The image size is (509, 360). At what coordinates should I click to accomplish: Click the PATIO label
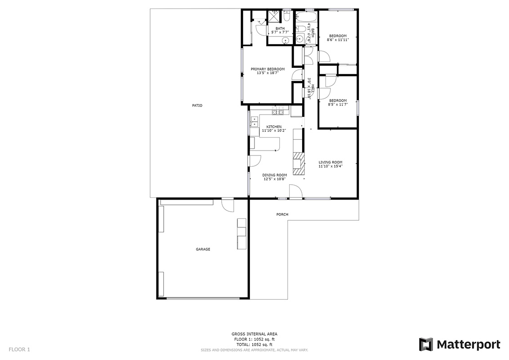pyautogui.click(x=197, y=106)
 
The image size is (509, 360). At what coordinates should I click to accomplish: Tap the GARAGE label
pyautogui.click(x=203, y=249)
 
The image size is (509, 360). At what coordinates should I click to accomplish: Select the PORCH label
pyautogui.click(x=282, y=214)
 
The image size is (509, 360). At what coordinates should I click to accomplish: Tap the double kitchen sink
pyautogui.click(x=254, y=122)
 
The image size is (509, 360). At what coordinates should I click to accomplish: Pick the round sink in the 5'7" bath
pyautogui.click(x=286, y=40)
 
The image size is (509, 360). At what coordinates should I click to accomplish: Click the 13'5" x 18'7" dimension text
pyautogui.click(x=268, y=73)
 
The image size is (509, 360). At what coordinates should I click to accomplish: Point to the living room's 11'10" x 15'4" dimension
pyautogui.click(x=330, y=166)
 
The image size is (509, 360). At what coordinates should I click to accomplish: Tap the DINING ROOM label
pyautogui.click(x=275, y=175)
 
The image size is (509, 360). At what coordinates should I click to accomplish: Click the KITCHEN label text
pyautogui.click(x=274, y=127)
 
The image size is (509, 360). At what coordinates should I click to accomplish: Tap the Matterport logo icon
pyautogui.click(x=426, y=344)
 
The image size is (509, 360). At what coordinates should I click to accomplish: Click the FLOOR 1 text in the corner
pyautogui.click(x=19, y=350)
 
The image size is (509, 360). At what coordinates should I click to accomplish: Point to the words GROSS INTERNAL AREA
pyautogui.click(x=254, y=334)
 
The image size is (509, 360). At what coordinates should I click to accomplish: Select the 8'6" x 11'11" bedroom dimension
pyautogui.click(x=338, y=40)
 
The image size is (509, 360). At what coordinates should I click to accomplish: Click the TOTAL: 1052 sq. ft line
pyautogui.click(x=254, y=345)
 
